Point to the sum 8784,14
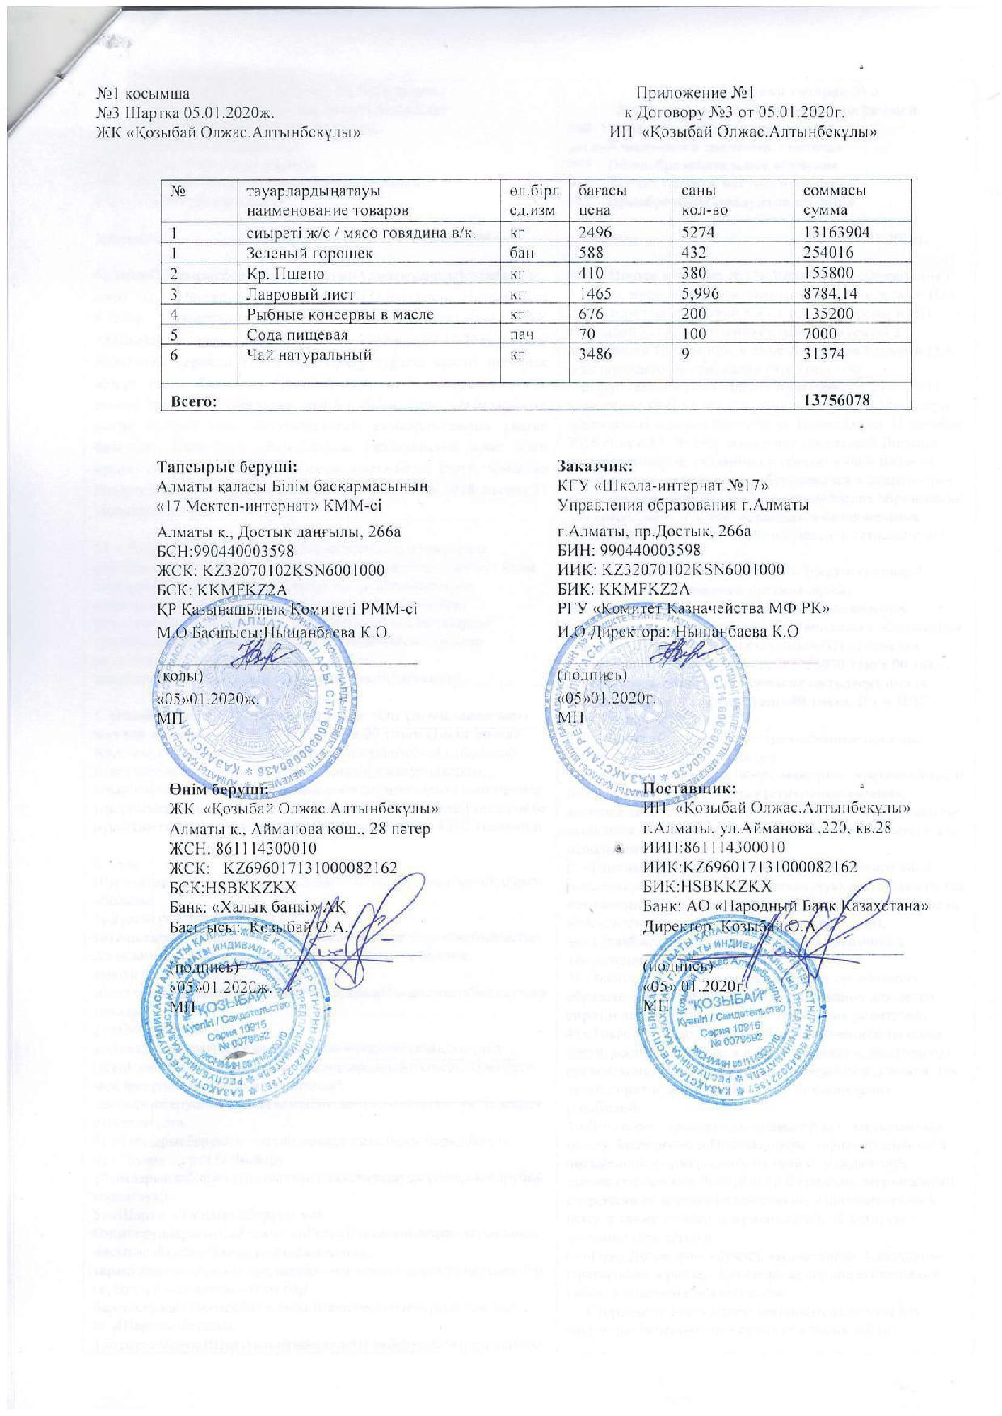tap(830, 294)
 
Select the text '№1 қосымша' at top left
tap(144, 94)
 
